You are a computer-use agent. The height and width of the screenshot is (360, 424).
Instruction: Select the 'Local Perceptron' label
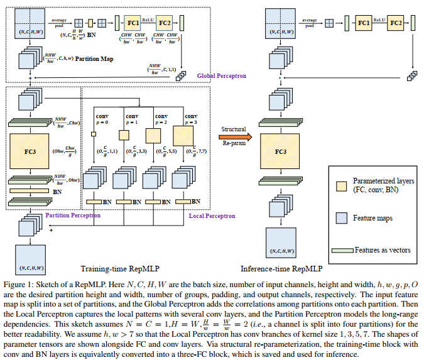coord(212,216)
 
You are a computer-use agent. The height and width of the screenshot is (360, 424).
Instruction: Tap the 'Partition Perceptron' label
coord(73,215)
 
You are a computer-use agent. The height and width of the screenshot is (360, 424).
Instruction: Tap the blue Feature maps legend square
coord(344,217)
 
